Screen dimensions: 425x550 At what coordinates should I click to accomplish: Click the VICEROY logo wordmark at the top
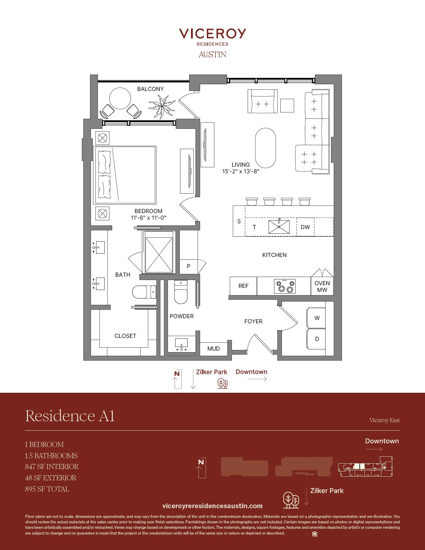[x=212, y=34]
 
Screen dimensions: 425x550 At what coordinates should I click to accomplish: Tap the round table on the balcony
[x=120, y=98]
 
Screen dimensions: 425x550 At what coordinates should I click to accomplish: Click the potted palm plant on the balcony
[x=162, y=106]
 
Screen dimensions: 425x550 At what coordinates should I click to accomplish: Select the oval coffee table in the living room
[x=266, y=148]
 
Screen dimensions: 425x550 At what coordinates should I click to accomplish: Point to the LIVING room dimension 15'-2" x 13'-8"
[x=241, y=172]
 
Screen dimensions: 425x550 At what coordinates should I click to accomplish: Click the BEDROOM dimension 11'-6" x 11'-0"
[x=149, y=218]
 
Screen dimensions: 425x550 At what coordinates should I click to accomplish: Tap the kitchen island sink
[x=279, y=226]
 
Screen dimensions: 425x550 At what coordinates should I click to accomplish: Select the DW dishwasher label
[x=305, y=227]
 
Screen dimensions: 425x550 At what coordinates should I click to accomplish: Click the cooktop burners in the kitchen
[x=285, y=286]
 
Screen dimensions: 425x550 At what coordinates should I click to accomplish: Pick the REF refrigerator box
[x=243, y=286]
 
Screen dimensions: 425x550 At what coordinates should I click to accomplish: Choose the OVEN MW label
[x=322, y=286]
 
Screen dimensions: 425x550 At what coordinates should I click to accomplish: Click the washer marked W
[x=316, y=318]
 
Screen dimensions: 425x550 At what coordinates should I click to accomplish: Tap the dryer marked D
[x=316, y=339]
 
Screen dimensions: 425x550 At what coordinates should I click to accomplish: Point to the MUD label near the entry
[x=213, y=348]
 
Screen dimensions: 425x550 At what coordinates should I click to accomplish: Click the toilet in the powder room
[x=181, y=292]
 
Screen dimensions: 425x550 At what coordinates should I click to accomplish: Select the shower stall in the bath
[x=159, y=252]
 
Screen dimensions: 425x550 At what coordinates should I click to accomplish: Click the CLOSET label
[x=125, y=336]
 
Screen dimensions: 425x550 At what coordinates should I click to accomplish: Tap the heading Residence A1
[x=70, y=415]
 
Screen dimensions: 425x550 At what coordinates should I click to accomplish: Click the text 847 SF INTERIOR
[x=52, y=467]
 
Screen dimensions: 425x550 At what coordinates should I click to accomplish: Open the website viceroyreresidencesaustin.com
[x=212, y=506]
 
